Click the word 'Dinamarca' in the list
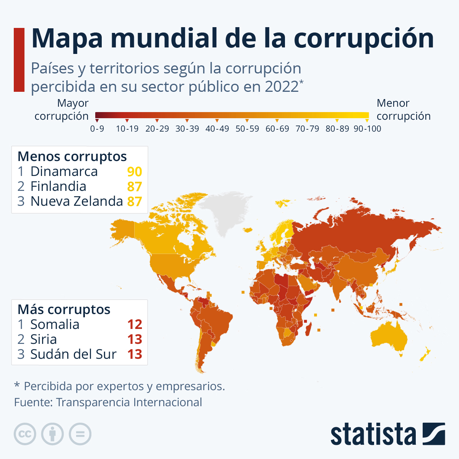[64, 171]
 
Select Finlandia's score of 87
[135, 187]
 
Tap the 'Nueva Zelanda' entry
[76, 201]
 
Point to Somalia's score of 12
[135, 324]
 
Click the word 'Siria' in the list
[44, 339]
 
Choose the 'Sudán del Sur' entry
[73, 354]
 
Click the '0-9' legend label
[97, 129]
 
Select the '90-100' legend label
[367, 129]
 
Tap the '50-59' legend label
[247, 129]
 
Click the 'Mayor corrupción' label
[62, 109]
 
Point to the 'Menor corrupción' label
[404, 109]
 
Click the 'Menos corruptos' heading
[72, 156]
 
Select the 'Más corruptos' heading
[64, 309]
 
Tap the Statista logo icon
[434, 434]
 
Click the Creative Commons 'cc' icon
[25, 434]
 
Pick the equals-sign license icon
[80, 434]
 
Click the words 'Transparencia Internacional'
[129, 402]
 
